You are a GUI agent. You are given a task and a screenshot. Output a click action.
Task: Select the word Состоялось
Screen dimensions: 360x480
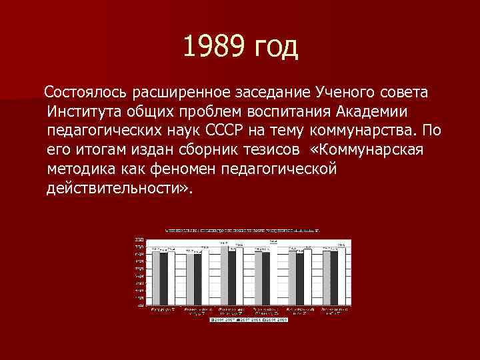pyautogui.click(x=85, y=89)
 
